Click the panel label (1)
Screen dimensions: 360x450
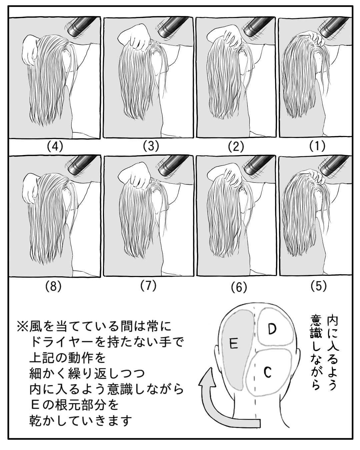(x=317, y=146)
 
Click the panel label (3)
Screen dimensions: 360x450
(x=151, y=146)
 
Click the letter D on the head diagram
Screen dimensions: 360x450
(x=272, y=329)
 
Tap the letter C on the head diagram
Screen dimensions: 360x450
(x=268, y=372)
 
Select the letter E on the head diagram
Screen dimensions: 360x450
(x=234, y=343)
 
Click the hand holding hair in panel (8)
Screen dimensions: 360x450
(x=28, y=188)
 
